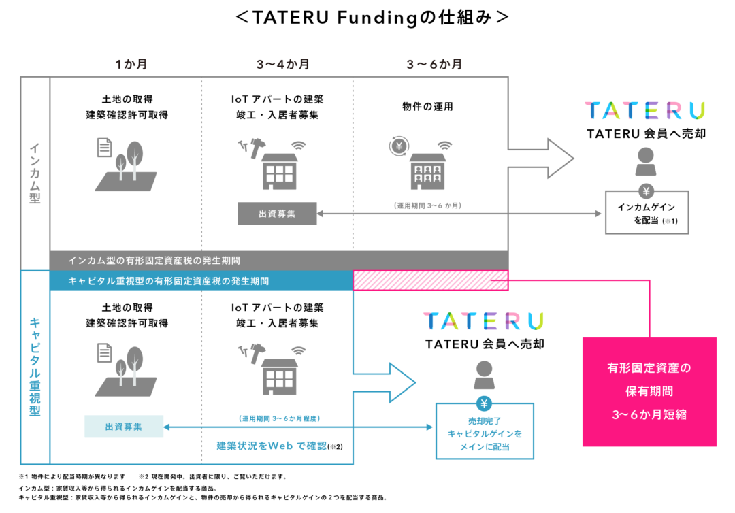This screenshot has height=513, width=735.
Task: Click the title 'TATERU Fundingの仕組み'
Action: click(372, 18)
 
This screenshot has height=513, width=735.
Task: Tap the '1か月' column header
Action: click(131, 64)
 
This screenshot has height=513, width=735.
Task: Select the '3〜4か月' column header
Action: click(282, 64)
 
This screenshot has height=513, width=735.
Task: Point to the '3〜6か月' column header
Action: click(434, 64)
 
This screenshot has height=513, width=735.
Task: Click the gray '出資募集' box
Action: click(277, 214)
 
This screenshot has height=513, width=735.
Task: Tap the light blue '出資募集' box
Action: click(124, 427)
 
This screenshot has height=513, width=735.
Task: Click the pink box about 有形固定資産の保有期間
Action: click(649, 392)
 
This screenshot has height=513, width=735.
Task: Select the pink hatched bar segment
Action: click(430, 280)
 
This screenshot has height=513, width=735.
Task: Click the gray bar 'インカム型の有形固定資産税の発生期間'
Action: click(279, 261)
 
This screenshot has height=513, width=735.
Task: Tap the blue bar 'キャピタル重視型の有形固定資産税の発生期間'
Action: click(201, 280)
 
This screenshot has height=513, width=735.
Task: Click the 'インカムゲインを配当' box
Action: click(647, 212)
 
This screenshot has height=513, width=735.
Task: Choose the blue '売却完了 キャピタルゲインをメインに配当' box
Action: click(485, 431)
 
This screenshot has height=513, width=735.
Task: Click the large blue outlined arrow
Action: click(385, 383)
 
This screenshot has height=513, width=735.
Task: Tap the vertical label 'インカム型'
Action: click(35, 173)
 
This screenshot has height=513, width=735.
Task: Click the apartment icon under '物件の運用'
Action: click(427, 171)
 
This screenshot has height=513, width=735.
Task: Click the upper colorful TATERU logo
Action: click(645, 111)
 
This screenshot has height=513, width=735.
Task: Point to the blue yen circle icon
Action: click(485, 403)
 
